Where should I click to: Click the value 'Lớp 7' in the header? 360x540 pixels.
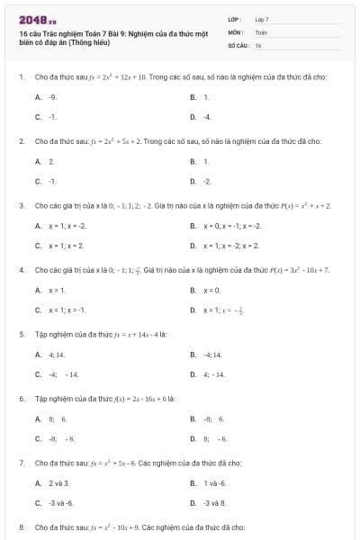(262, 19)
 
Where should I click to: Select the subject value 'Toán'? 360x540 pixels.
(261, 31)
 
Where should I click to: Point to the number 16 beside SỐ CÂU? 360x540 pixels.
(258, 44)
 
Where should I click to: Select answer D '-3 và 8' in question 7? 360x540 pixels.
(214, 502)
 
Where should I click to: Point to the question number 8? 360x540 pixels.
(21, 526)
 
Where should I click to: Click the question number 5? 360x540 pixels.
(21, 333)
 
